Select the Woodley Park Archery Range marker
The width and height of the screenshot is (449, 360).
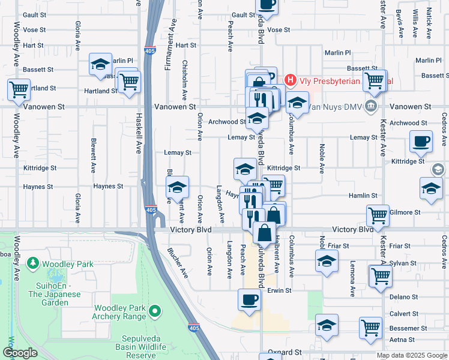[155, 310]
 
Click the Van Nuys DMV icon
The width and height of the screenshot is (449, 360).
[371, 106]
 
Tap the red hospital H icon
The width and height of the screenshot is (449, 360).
[291, 80]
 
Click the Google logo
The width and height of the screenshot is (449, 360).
[20, 353]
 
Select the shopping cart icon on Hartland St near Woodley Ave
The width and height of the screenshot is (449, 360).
[19, 89]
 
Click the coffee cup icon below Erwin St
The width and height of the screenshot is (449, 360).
[249, 299]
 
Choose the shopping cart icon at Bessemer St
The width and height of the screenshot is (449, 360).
[370, 328]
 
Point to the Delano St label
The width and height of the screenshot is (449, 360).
[403, 297]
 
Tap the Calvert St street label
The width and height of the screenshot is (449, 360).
[403, 314]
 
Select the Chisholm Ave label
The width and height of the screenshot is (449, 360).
[185, 80]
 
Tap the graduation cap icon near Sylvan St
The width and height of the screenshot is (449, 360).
[327, 260]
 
